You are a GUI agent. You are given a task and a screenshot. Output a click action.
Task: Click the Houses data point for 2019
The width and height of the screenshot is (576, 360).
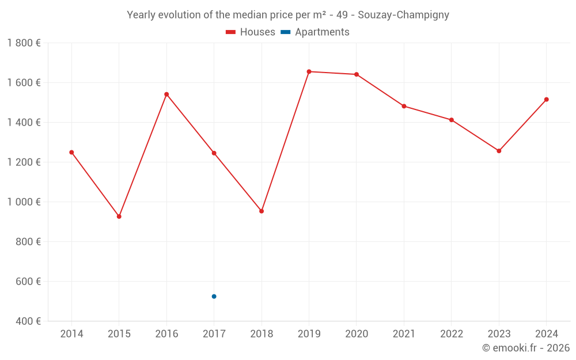[x=309, y=71]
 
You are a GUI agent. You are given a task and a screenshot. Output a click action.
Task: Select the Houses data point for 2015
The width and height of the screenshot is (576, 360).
[x=119, y=217]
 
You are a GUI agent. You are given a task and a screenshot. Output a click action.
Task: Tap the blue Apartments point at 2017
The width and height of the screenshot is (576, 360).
[x=214, y=297]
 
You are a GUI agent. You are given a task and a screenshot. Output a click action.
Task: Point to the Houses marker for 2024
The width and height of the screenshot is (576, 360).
[x=546, y=100]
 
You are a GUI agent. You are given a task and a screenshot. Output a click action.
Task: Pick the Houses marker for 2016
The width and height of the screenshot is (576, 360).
[x=166, y=94]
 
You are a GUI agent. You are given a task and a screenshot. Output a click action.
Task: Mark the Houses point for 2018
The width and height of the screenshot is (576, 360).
[x=262, y=211]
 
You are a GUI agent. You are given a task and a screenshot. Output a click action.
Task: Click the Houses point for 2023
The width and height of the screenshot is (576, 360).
[x=499, y=151]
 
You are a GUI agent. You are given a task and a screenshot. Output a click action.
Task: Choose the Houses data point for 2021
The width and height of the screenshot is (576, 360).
[x=404, y=106]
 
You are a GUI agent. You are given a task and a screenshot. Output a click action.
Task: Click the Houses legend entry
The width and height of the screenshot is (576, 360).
[x=251, y=32]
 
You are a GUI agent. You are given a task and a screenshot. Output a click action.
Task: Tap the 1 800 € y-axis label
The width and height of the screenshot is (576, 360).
[x=24, y=43]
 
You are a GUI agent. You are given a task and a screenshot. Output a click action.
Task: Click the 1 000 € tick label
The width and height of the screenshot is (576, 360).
[x=24, y=202]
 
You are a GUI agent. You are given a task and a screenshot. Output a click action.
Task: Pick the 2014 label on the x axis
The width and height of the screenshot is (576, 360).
[x=71, y=334]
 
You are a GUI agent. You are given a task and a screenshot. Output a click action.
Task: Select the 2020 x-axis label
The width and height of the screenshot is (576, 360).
[x=357, y=334]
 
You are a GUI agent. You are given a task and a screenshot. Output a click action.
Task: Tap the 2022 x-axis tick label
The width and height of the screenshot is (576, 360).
[x=452, y=334]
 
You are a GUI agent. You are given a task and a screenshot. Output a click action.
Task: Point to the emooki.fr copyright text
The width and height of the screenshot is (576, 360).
[x=526, y=348]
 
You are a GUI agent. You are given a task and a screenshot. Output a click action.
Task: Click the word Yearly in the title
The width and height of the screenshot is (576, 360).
[x=142, y=15]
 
